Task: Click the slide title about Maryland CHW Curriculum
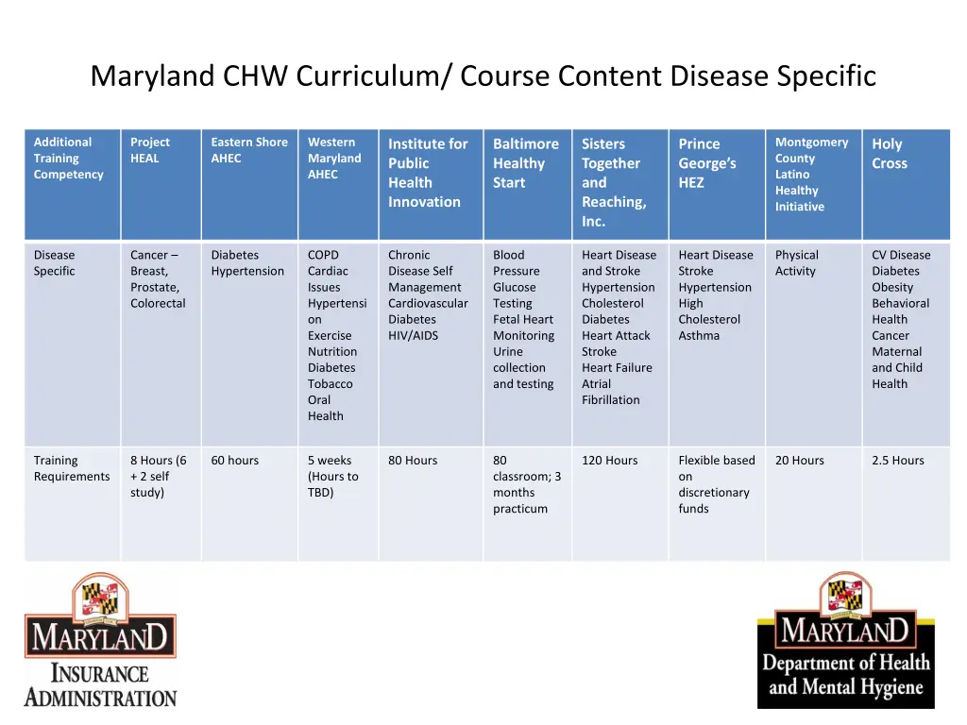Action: click(483, 76)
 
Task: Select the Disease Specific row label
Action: click(55, 263)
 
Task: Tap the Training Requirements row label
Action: click(72, 468)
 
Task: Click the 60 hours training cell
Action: click(234, 461)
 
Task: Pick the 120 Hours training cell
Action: click(609, 461)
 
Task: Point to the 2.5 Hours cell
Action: click(897, 461)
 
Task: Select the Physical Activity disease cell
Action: click(796, 263)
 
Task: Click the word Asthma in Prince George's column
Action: click(699, 336)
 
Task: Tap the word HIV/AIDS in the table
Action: click(413, 336)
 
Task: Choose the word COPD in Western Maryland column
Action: click(323, 255)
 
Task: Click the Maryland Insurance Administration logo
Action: click(100, 642)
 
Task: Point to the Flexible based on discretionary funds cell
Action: click(716, 484)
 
